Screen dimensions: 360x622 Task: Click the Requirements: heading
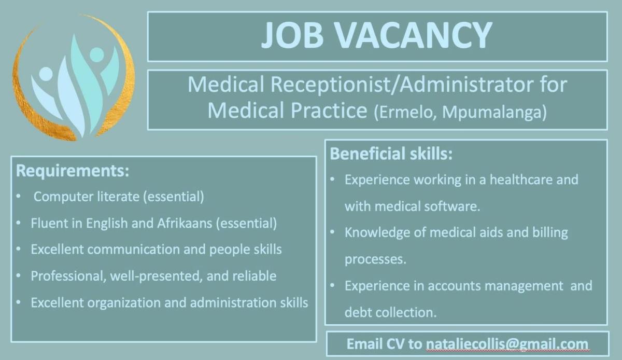pyautogui.click(x=73, y=171)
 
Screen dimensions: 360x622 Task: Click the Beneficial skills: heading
pyautogui.click(x=391, y=154)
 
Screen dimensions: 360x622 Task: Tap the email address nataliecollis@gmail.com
pyautogui.click(x=507, y=344)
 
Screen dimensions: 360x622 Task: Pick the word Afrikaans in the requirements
pyautogui.click(x=184, y=224)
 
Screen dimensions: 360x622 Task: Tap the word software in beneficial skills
pyautogui.click(x=450, y=206)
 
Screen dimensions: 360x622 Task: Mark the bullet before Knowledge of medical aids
pyautogui.click(x=332, y=232)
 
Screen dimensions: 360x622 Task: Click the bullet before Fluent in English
pyautogui.click(x=19, y=224)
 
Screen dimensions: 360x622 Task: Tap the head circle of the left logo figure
pyautogui.click(x=46, y=74)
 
